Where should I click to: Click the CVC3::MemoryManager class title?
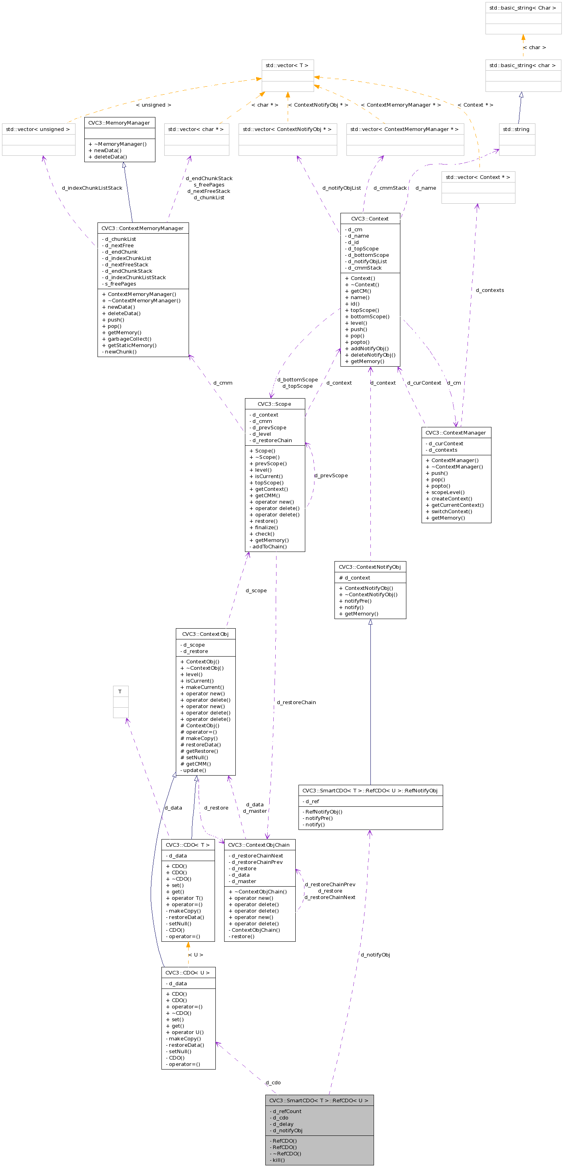click(119, 123)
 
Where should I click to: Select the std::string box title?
click(516, 129)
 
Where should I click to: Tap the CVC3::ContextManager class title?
click(456, 433)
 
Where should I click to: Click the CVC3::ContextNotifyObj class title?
click(370, 567)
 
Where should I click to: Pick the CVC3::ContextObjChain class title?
click(259, 845)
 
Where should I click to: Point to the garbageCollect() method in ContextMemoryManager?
click(129, 339)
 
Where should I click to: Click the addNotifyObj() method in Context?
click(370, 348)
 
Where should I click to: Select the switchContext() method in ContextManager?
click(452, 512)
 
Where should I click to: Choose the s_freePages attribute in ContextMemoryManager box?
click(121, 284)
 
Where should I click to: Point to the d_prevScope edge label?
click(331, 475)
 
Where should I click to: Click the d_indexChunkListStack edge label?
click(92, 188)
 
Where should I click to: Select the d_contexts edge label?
click(489, 290)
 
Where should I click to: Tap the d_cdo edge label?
click(273, 1082)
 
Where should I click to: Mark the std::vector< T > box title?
click(287, 65)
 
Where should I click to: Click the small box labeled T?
click(120, 692)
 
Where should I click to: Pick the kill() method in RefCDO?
click(279, 1160)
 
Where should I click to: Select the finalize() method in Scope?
click(267, 527)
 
